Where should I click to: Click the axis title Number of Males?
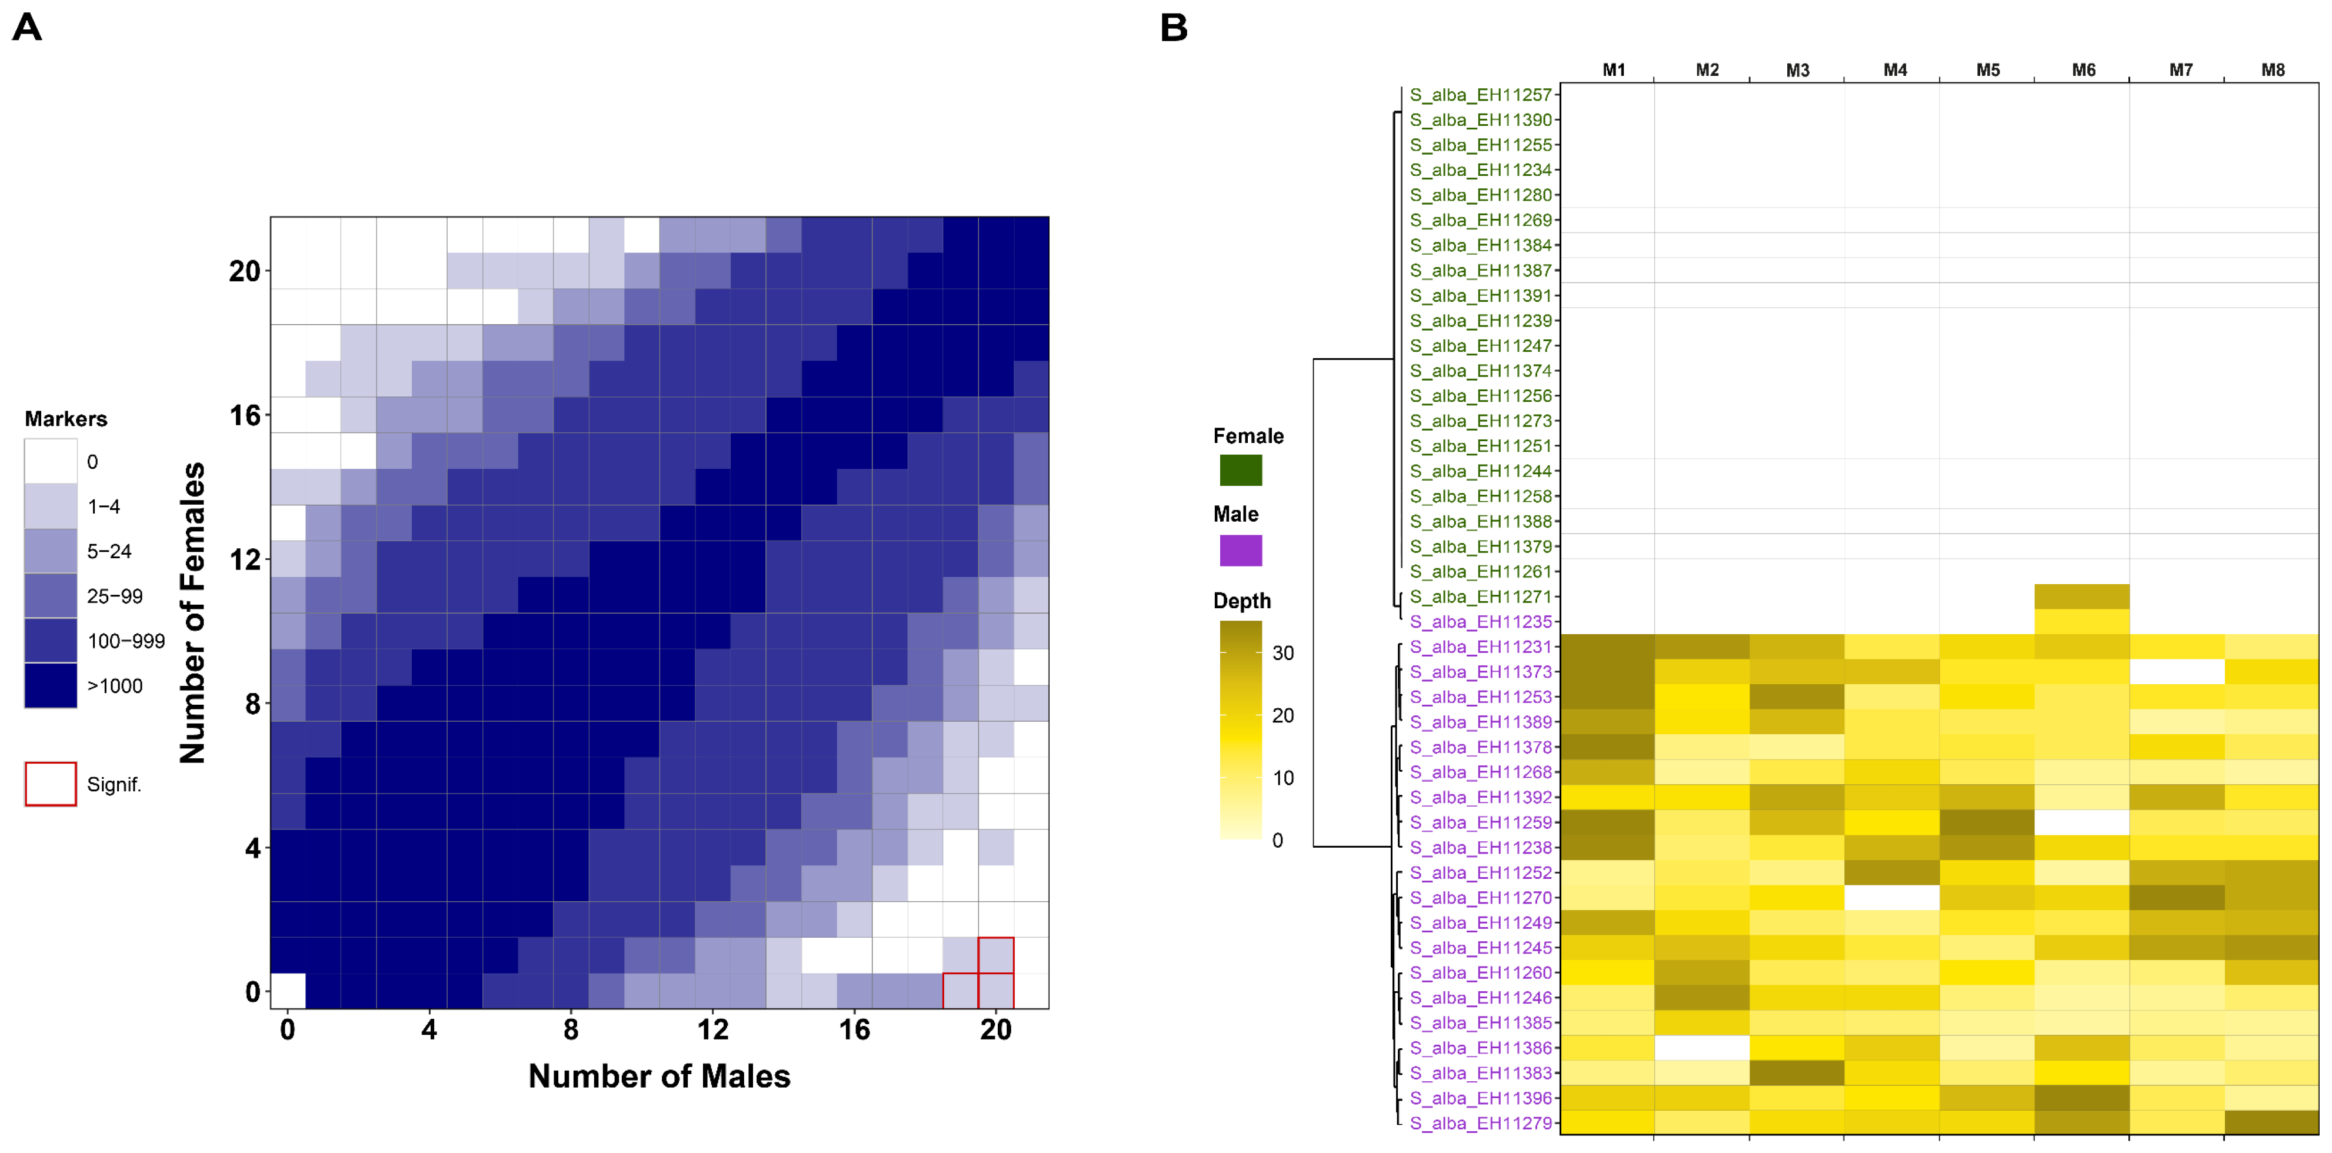coord(659,1076)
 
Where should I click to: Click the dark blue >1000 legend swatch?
coord(51,685)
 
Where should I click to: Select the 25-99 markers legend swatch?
coord(51,595)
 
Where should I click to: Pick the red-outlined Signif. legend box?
coord(51,784)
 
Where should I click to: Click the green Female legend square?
coord(1240,469)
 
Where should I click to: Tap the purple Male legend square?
coord(1240,549)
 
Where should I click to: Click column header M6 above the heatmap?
coord(2083,69)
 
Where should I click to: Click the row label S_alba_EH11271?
coord(1480,597)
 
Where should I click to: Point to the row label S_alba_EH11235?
coord(1480,622)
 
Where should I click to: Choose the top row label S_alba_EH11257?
coord(1480,94)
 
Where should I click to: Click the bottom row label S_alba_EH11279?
coord(1480,1123)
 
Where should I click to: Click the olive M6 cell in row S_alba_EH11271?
coord(2081,597)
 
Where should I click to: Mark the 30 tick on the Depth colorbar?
coord(1283,652)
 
